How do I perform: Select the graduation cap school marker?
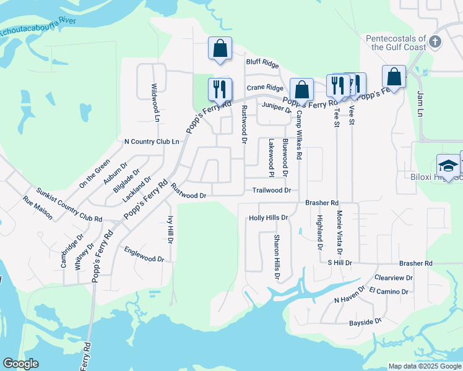[x=448, y=166]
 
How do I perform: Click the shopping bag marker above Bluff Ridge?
[x=220, y=48]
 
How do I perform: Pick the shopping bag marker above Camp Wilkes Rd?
[x=301, y=90]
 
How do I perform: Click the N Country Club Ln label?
[x=152, y=142]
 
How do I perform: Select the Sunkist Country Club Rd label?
[x=69, y=205]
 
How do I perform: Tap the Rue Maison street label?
[x=38, y=208]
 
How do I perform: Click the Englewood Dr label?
[x=144, y=254]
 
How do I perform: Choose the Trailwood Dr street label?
[x=271, y=191]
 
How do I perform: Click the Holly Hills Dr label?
[x=268, y=218]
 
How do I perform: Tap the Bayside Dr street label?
[x=365, y=322]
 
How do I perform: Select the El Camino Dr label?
[x=389, y=291]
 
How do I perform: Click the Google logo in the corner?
[x=21, y=364]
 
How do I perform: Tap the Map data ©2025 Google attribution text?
[x=424, y=366]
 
